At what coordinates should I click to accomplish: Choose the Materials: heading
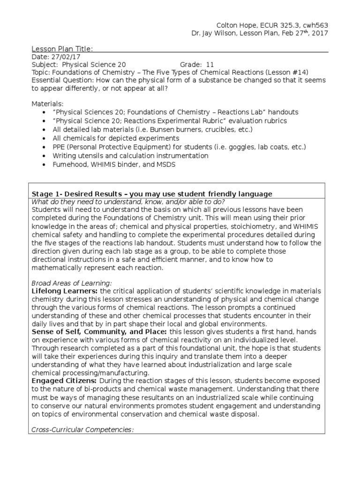click(x=47, y=104)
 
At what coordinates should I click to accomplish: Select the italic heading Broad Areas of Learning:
click(x=72, y=283)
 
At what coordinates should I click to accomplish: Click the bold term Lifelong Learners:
click(x=64, y=291)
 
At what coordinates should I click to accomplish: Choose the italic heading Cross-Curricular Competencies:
click(x=82, y=429)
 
